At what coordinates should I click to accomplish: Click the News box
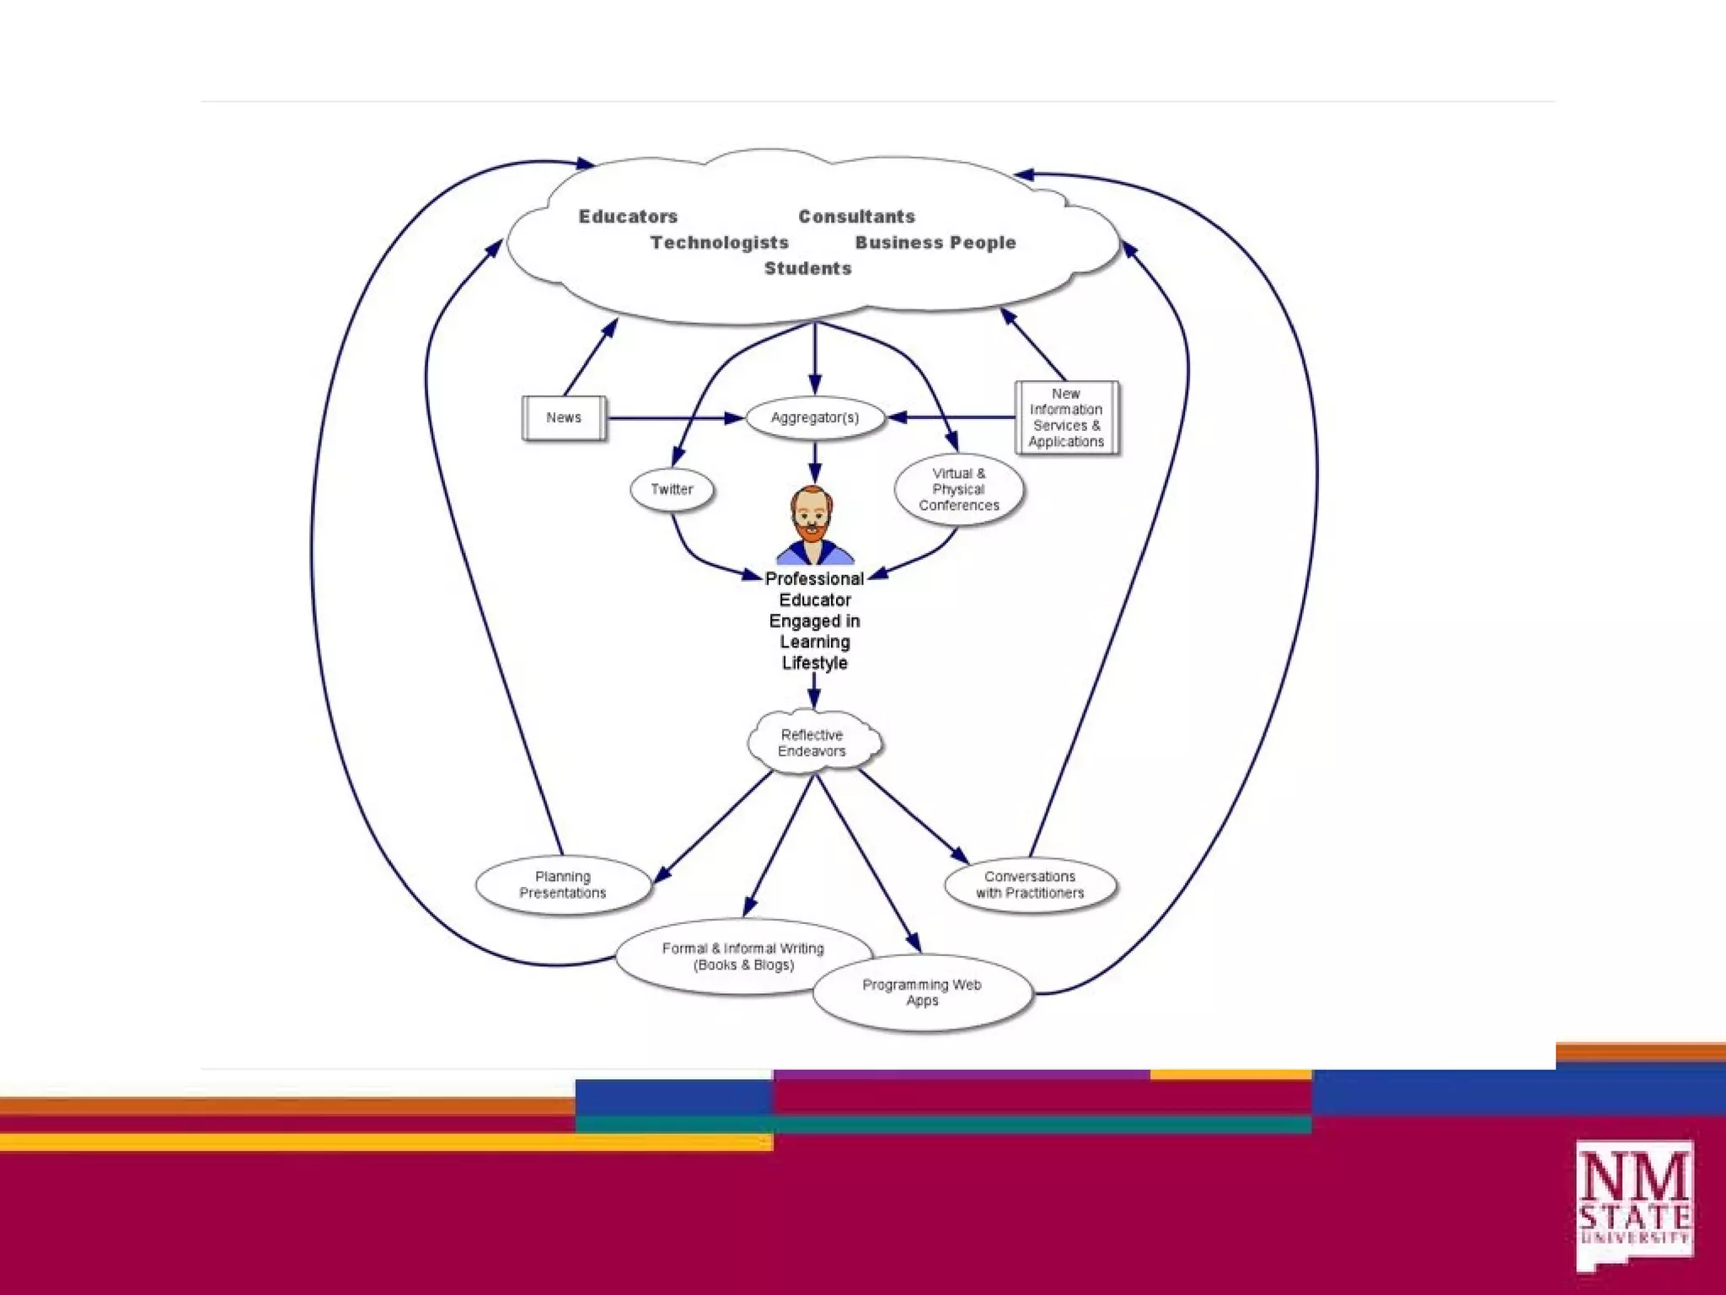[564, 418]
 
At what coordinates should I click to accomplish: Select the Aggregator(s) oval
[815, 418]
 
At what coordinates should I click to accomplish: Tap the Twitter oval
[672, 490]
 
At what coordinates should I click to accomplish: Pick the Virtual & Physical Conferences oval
[959, 490]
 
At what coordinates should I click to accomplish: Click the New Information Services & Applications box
[1066, 418]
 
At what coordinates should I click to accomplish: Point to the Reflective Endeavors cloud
[812, 743]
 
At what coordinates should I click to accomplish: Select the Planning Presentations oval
[563, 885]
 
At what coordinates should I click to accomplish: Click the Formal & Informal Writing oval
[742, 957]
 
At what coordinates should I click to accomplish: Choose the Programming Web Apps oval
[922, 993]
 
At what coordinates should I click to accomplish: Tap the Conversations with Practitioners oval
[1030, 885]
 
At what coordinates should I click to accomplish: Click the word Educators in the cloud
[628, 217]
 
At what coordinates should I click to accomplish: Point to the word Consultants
[856, 217]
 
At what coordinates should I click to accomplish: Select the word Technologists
[719, 243]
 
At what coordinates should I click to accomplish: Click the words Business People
[935, 243]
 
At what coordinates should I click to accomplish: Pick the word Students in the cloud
[807, 269]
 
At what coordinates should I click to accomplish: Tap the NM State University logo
[1634, 1206]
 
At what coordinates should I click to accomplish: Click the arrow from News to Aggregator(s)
[674, 418]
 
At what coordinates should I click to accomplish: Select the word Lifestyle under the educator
[814, 664]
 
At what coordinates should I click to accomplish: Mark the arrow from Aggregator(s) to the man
[815, 462]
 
